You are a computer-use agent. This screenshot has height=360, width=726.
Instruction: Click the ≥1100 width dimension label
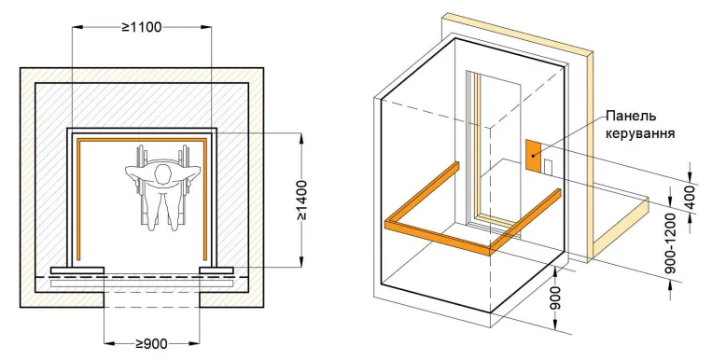click(142, 27)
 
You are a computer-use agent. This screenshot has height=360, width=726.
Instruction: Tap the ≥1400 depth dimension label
click(302, 200)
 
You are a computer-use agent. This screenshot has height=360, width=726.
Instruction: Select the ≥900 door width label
click(151, 343)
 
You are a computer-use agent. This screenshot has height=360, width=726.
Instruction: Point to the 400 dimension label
click(691, 198)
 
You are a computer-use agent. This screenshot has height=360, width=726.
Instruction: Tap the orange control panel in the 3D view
click(533, 157)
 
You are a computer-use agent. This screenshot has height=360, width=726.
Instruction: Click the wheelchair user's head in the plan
click(162, 174)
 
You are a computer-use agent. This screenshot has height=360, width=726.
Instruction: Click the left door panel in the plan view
click(77, 270)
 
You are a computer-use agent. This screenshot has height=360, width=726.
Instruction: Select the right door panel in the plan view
click(216, 270)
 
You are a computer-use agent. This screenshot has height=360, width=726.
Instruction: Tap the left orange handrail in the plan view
click(78, 199)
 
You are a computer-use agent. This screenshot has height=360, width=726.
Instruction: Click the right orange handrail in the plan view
click(204, 199)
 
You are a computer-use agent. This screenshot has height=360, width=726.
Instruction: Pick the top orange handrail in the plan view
click(142, 140)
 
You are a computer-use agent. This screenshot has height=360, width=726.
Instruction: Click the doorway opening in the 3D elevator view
click(495, 148)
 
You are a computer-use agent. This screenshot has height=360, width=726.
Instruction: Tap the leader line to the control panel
click(568, 135)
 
